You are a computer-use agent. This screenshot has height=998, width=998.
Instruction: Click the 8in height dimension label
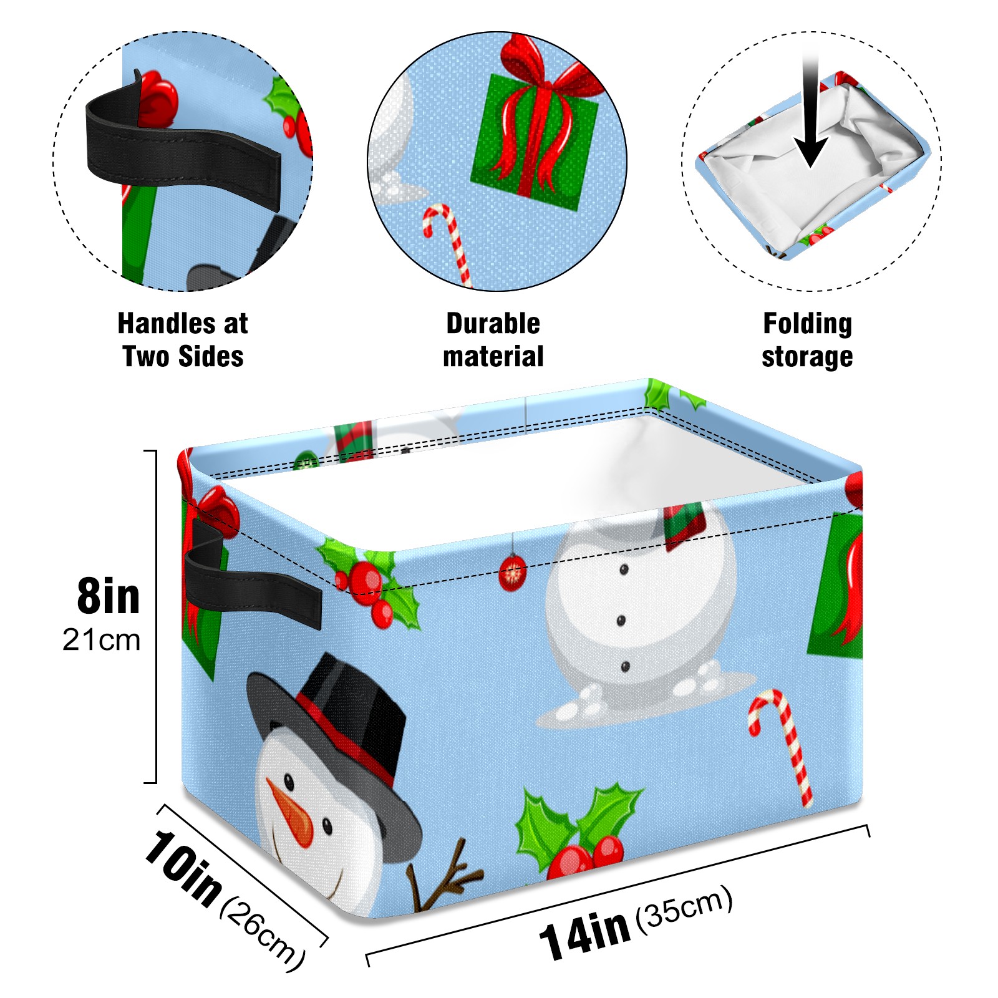[x=109, y=596]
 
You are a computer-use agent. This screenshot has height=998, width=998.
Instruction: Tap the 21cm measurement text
[x=102, y=640]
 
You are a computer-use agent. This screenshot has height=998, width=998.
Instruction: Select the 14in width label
[x=584, y=934]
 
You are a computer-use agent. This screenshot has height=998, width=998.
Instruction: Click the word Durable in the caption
[x=493, y=324]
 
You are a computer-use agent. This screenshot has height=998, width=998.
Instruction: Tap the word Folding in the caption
[x=807, y=324]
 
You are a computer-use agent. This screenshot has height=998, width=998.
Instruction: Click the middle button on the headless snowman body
[x=621, y=620]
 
